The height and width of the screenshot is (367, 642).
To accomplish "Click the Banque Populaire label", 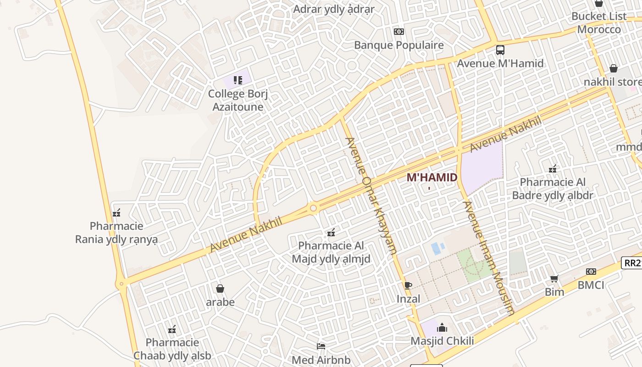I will [399, 45].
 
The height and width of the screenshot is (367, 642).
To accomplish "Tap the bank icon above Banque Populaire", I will [399, 32].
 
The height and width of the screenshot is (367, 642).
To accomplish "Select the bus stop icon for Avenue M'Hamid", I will [500, 50].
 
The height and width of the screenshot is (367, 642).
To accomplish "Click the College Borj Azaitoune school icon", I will [238, 81].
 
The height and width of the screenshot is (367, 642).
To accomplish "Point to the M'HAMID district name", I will [432, 178].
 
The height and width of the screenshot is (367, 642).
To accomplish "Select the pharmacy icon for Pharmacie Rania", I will [116, 213].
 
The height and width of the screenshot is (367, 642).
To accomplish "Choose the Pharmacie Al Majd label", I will [331, 252].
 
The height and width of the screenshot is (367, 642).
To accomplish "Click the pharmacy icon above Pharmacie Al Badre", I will [553, 169].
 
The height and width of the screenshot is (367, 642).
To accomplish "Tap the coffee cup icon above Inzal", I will [408, 285].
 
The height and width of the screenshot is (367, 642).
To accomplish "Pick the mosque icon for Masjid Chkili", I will [442, 328].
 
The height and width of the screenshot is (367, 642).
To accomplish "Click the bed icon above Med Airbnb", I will [321, 346].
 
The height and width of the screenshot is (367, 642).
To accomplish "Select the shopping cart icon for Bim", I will [554, 278].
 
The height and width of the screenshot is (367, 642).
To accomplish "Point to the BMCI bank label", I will [591, 285].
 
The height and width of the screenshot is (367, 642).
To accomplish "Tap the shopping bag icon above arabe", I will [220, 289].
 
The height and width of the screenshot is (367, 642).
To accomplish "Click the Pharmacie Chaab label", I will [172, 349].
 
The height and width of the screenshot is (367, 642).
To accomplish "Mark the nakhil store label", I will [613, 82].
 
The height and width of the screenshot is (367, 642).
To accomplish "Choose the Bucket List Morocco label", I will [599, 23].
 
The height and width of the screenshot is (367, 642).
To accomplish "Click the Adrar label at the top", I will [334, 9].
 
